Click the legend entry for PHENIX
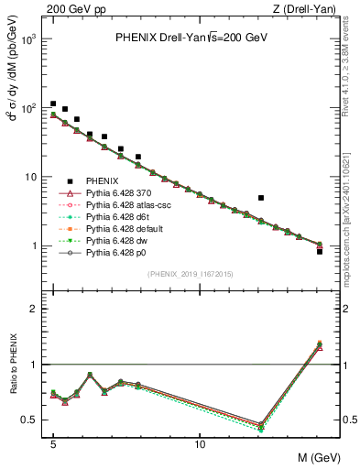point(106,182)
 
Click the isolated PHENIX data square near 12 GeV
point(261,198)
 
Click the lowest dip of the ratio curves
point(261,426)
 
